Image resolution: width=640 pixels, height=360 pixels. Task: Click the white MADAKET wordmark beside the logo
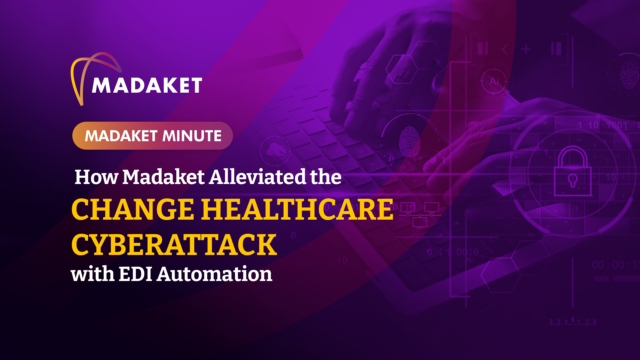point(147,86)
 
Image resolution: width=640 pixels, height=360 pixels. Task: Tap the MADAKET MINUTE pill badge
point(153,136)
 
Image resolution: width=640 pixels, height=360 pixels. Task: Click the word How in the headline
point(96,177)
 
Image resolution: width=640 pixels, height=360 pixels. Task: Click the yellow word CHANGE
point(133,210)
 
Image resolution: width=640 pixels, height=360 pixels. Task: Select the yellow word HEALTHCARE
point(298,210)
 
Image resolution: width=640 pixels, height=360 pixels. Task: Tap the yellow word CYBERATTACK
point(174,245)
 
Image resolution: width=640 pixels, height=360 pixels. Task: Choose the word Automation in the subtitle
point(214,274)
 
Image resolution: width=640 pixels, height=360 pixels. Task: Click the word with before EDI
point(93,274)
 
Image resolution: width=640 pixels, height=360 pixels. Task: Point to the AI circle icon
point(494,81)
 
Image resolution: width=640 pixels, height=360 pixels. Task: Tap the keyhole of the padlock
point(573,180)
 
